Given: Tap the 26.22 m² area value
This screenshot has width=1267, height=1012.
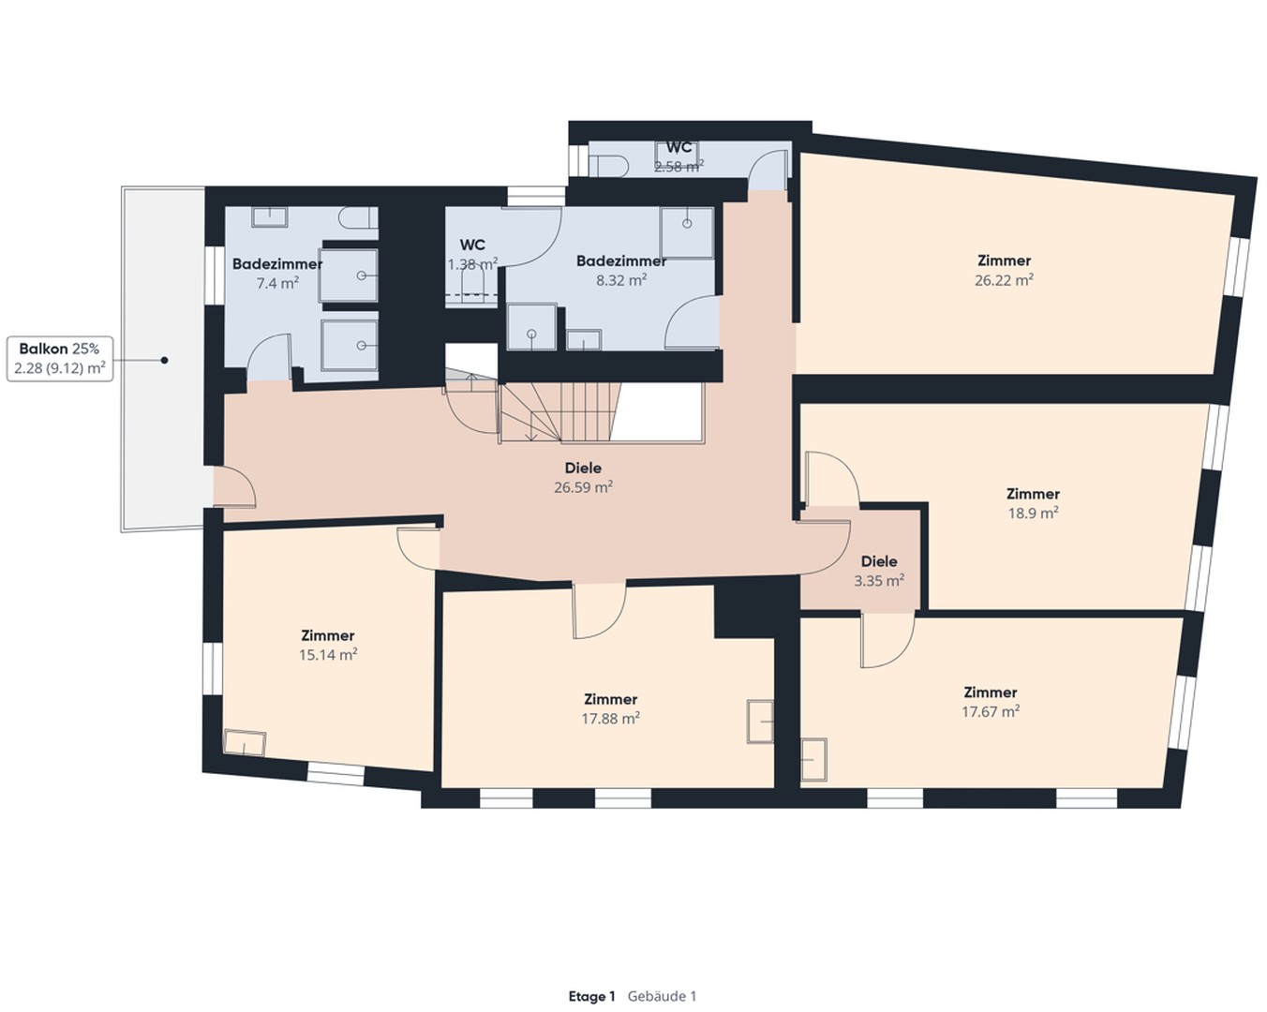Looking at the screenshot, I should coord(1004,280).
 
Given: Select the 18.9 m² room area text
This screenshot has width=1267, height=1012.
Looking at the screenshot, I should coord(1033,513).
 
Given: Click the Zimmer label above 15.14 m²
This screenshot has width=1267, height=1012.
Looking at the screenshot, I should coord(327,635).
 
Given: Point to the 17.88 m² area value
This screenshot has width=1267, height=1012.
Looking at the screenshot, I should coord(610,719).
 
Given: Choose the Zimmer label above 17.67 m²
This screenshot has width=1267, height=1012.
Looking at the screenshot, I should coord(990,692).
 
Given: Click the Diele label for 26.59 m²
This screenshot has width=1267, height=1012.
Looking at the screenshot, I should coord(583,468).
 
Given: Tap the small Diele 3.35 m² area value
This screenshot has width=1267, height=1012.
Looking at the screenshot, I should coord(878,581).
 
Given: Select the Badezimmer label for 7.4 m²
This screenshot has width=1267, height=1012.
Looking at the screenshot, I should coord(277,264).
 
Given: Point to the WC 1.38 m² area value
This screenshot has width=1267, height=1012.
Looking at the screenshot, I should coord(472,265).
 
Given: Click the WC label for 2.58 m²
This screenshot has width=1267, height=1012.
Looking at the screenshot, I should coord(678,148).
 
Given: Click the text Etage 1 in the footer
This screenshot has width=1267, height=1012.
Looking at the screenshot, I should coord(591,996).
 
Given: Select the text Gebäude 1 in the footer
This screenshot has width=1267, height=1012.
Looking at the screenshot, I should coord(662,996).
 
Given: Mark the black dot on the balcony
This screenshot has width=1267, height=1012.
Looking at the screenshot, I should coord(164,360).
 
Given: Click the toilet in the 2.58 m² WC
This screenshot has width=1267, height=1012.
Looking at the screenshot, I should coord(610,165).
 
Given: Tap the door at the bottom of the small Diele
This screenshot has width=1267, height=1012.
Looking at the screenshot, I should coord(885,642).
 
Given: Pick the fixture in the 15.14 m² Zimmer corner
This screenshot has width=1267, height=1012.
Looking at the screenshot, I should coord(245,742).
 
